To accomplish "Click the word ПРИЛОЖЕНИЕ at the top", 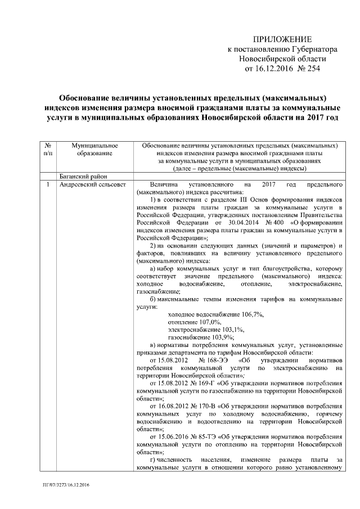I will tap(282, 39).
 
